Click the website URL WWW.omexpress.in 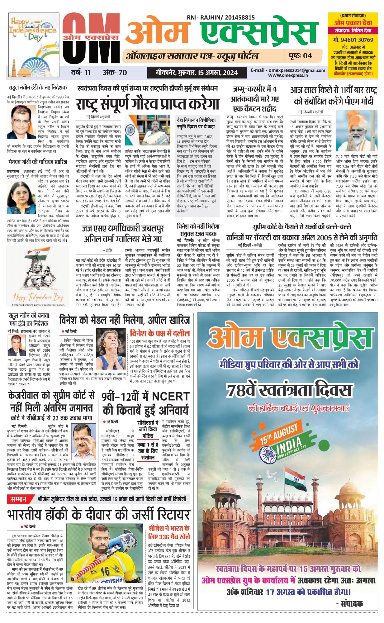(288, 75)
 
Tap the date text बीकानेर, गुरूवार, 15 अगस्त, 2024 (197, 73)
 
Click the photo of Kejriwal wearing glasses (84, 439)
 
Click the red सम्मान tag (18, 499)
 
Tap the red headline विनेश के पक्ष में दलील (160, 333)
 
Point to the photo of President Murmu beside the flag (148, 130)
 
